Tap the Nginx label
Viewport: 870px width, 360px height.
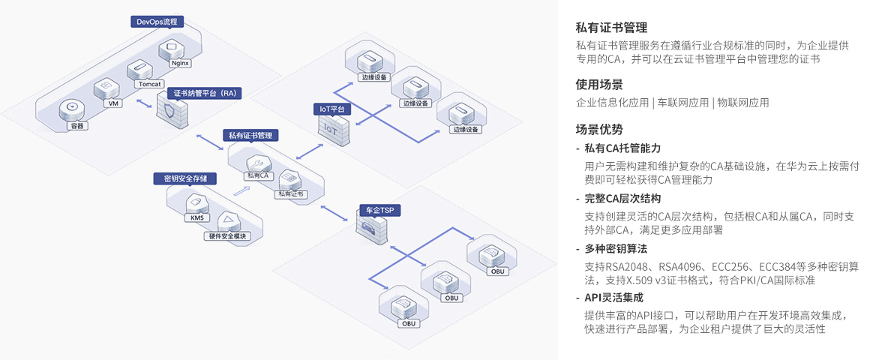[x=180, y=63]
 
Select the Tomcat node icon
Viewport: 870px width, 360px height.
[x=140, y=70]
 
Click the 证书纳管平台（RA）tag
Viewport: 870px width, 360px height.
[x=205, y=93]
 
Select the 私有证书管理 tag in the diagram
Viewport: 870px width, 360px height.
[x=250, y=136]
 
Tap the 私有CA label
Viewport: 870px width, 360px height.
[x=258, y=175]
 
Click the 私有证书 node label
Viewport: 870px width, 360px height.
[x=291, y=193]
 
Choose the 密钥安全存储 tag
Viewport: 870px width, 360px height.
[x=185, y=178]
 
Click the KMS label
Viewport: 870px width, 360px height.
[x=197, y=217]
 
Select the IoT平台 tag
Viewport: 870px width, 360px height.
[x=332, y=109]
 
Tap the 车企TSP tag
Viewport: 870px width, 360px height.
[x=380, y=210]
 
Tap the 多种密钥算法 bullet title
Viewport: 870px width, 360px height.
[x=616, y=248]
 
